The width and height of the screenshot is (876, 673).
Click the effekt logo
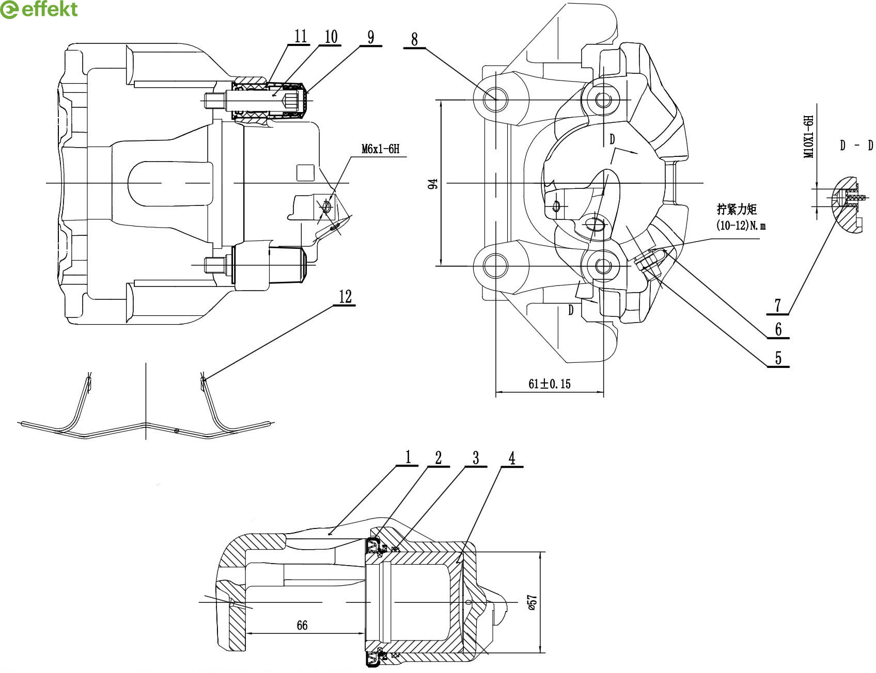(39, 10)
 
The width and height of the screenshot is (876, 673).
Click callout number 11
(301, 36)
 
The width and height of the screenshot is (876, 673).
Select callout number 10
(331, 36)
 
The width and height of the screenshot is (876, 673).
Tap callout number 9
(371, 37)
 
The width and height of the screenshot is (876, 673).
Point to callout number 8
(414, 39)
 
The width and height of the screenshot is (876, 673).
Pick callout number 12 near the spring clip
(345, 296)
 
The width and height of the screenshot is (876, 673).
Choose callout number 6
(778, 329)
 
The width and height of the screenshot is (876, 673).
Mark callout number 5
(778, 358)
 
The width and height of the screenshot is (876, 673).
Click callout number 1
(408, 457)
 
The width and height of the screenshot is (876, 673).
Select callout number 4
(512, 458)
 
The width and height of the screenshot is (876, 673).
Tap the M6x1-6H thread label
(381, 149)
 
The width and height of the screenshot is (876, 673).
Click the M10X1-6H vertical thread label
(809, 137)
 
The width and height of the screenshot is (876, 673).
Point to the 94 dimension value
(433, 183)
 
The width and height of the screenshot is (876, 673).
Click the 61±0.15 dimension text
(550, 383)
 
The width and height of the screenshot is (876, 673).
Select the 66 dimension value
(302, 625)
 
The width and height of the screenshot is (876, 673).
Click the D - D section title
(856, 146)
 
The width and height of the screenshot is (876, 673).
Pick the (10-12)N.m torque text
(741, 226)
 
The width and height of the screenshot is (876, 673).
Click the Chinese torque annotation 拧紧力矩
(737, 209)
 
